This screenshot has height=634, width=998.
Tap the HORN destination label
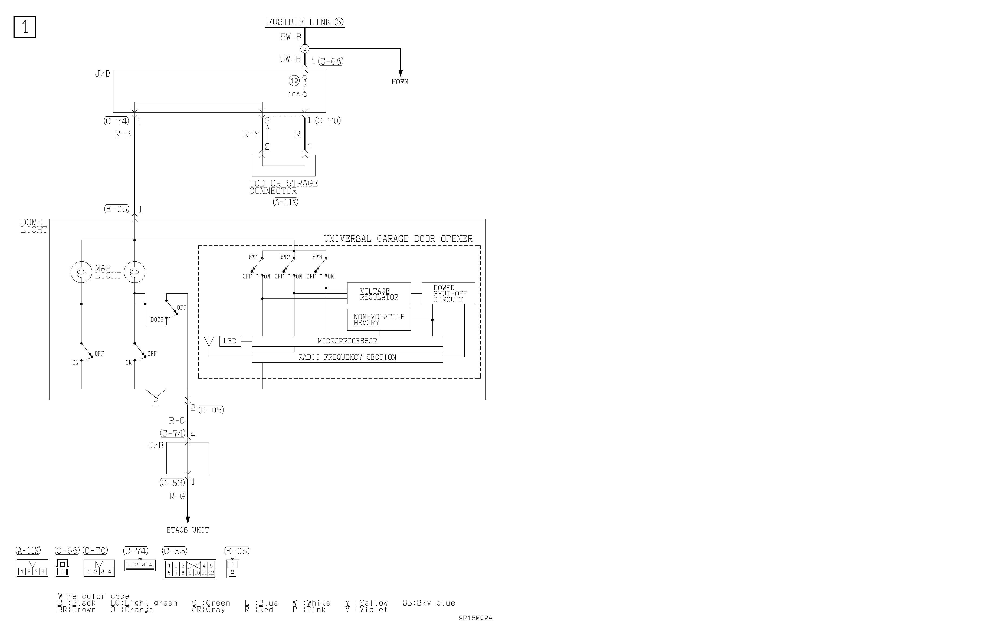[400, 82]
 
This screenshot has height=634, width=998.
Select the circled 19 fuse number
[294, 81]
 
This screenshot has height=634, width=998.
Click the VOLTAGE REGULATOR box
[379, 294]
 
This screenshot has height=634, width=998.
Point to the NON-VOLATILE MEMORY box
[379, 320]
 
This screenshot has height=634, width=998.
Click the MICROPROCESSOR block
[347, 341]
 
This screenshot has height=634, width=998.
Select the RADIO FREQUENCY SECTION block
[347, 357]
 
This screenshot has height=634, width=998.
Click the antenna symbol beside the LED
[209, 341]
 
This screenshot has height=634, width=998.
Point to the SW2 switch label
[285, 257]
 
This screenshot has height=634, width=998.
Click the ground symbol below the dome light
[156, 403]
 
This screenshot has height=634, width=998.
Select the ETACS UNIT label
[188, 530]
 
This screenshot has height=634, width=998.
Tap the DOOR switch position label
[157, 320]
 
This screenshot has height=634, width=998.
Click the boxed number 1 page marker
[25, 27]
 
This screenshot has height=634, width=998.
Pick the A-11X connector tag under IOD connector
[285, 202]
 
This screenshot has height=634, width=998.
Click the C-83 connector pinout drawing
[190, 569]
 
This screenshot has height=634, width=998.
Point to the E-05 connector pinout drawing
[232, 569]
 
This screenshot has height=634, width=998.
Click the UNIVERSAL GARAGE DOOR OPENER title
[398, 239]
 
